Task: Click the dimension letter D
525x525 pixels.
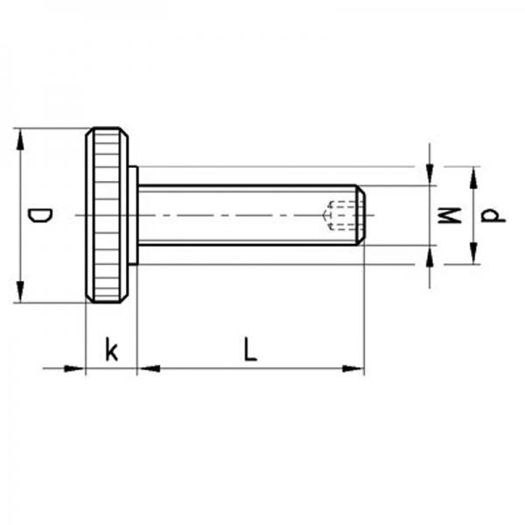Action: click(38, 216)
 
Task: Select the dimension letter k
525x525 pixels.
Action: click(111, 350)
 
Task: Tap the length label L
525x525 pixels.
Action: click(250, 350)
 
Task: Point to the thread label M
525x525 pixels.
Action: click(448, 215)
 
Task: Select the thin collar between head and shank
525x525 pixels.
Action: click(133, 215)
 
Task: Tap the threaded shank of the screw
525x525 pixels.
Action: click(236, 201)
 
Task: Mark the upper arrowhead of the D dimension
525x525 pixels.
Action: click(19, 139)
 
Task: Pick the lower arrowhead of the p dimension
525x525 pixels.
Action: click(473, 254)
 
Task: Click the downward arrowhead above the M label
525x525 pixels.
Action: click(430, 175)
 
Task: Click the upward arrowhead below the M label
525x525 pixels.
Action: click(430, 255)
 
